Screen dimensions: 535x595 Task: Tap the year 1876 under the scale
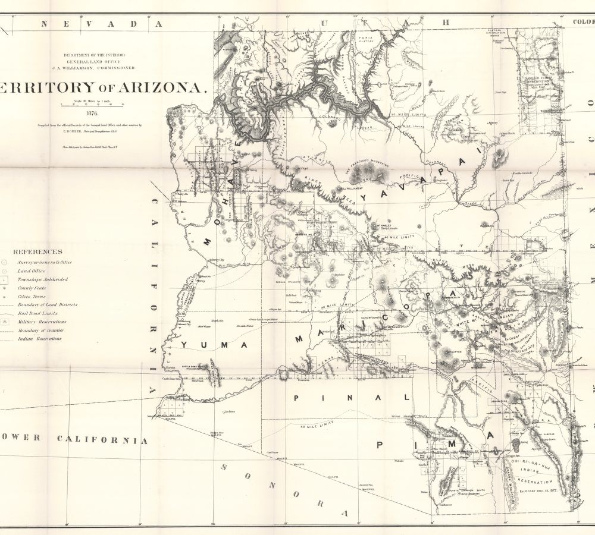point(92,113)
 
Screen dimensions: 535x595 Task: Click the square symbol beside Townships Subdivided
point(4,279)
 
